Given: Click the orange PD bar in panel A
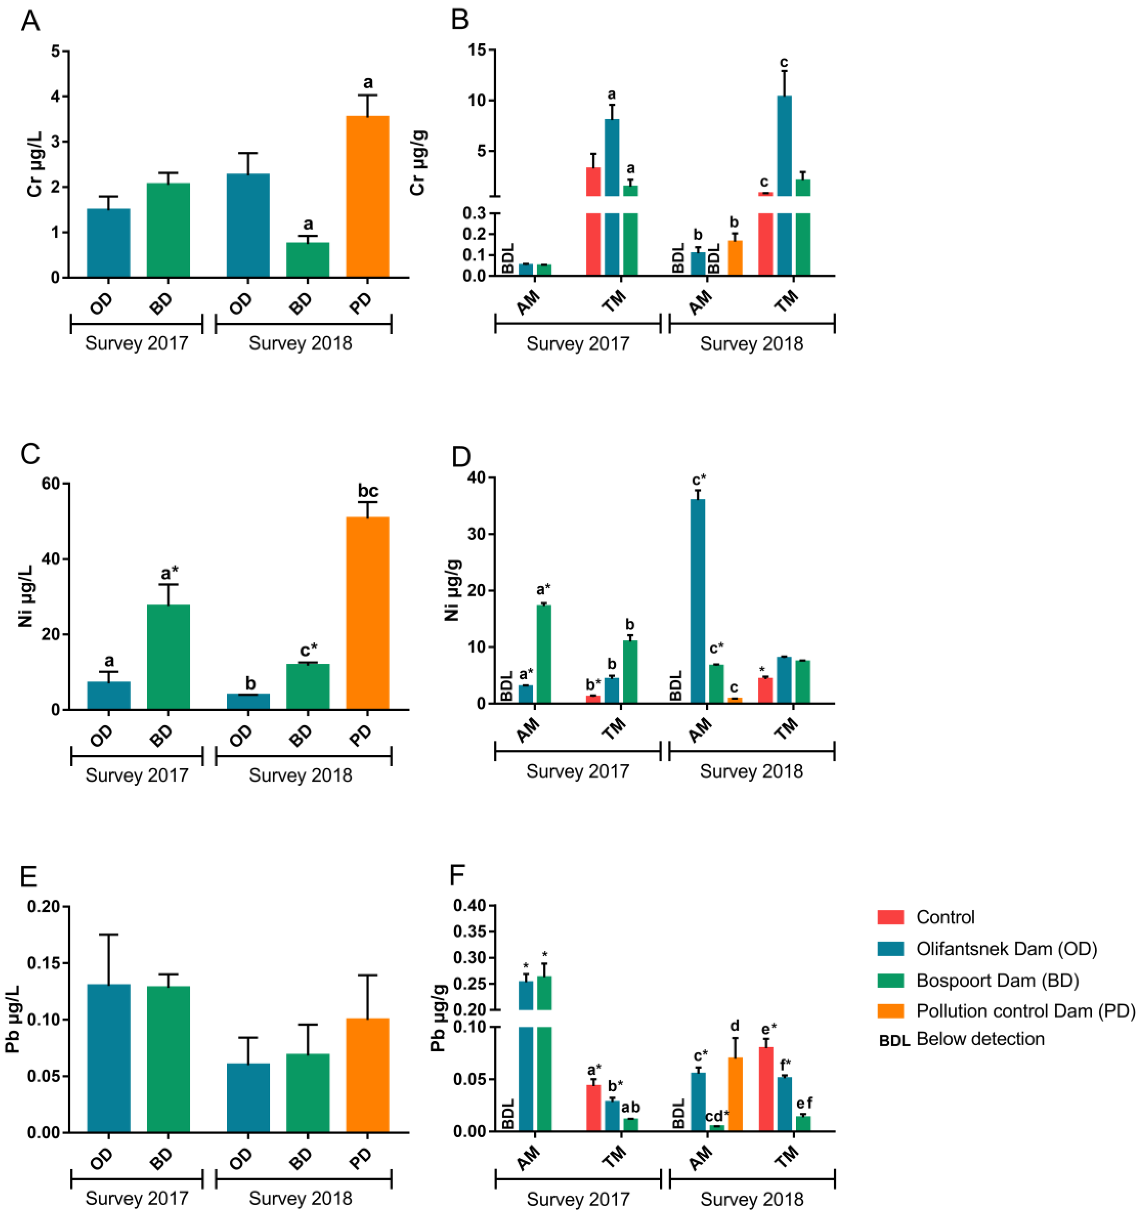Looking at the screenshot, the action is coord(367,196).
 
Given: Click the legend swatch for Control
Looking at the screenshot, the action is coord(890,917).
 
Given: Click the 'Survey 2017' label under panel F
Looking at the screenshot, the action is coord(578,1199).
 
